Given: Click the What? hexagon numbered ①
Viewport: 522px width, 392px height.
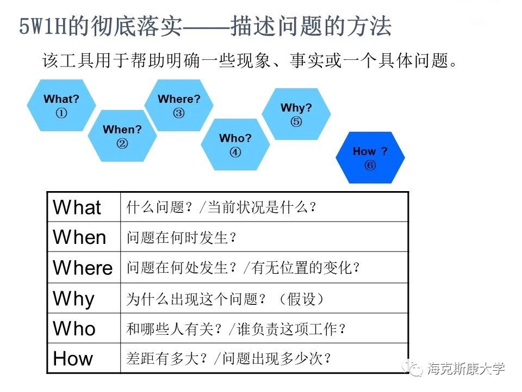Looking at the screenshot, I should [61, 106].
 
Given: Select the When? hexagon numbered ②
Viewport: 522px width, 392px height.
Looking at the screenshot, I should [122, 136].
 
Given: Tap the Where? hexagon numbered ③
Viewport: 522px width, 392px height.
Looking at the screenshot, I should [179, 106].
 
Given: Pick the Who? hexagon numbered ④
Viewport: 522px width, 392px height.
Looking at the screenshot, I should [235, 145].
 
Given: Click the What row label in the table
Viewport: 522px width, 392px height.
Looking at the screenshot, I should [77, 207].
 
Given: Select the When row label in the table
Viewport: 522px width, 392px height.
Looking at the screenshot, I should [79, 237].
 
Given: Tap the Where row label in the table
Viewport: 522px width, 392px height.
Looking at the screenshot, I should [83, 268].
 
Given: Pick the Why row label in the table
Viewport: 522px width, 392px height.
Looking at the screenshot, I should [73, 298].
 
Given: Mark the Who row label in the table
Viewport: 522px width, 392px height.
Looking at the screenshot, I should [74, 329].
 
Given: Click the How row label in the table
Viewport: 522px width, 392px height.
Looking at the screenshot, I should [73, 359].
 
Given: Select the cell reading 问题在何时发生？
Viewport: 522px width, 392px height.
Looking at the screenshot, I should [182, 237].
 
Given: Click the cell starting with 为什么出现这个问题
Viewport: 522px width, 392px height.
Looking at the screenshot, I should [225, 299].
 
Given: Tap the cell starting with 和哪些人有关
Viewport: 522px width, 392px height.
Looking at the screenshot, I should [236, 329].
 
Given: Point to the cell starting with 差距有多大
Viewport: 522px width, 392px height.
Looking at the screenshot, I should [229, 359].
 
